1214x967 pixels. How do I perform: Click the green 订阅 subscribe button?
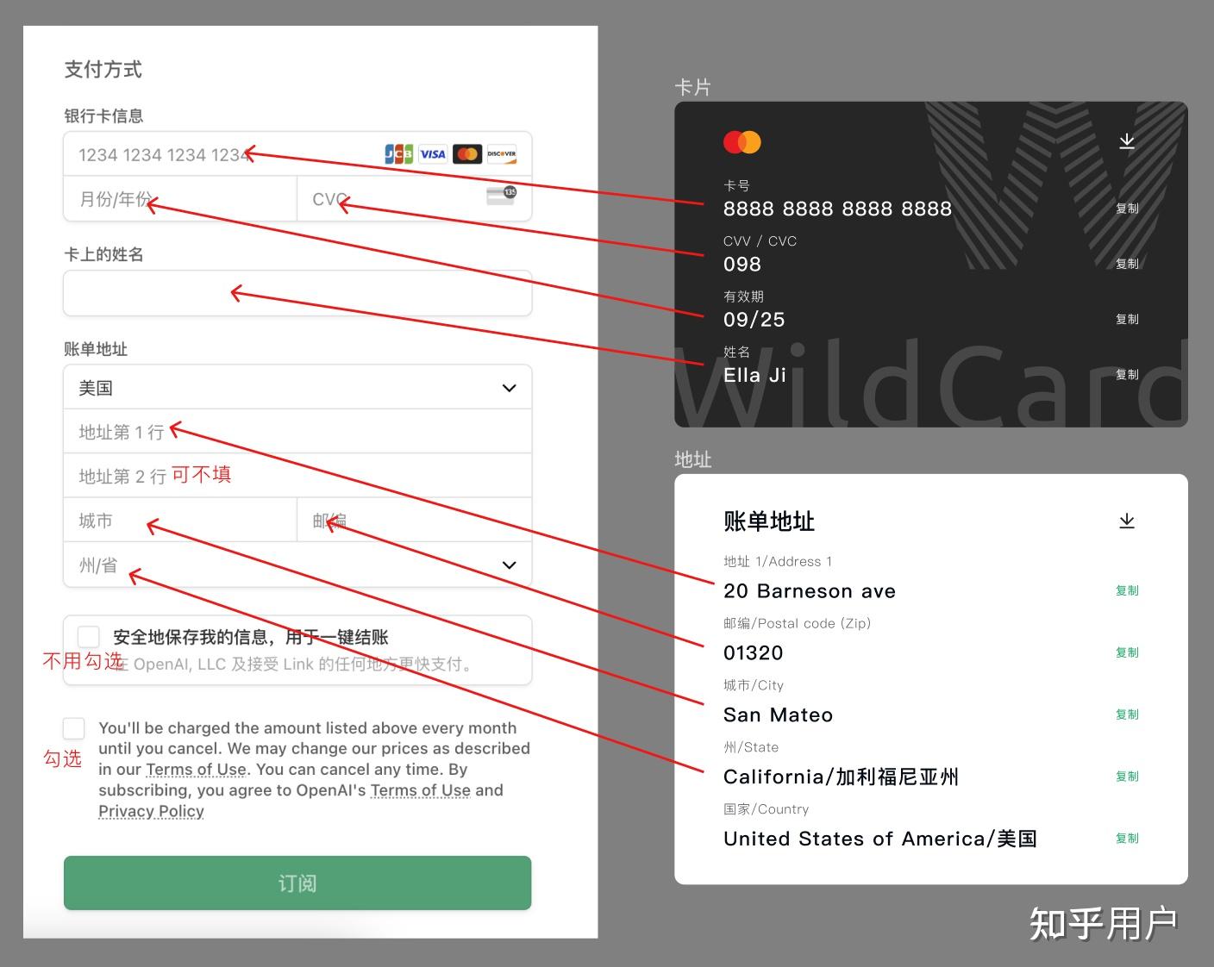click(x=297, y=883)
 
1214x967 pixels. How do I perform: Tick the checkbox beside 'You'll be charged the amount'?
click(x=74, y=728)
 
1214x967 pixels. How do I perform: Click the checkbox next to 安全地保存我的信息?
click(x=88, y=637)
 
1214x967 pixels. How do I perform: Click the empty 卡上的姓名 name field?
click(x=297, y=294)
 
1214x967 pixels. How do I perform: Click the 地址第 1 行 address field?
click(x=297, y=432)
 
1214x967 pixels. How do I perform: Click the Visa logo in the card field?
click(x=433, y=154)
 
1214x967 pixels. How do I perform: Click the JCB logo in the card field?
click(x=398, y=154)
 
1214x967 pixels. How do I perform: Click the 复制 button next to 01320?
click(x=1127, y=652)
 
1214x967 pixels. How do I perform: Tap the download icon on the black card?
click(x=1127, y=141)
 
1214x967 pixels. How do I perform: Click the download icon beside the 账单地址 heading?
click(x=1127, y=521)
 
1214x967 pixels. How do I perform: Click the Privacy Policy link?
click(x=151, y=811)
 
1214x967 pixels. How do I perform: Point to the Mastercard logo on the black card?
click(x=742, y=142)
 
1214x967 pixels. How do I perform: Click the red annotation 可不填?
click(x=201, y=475)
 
